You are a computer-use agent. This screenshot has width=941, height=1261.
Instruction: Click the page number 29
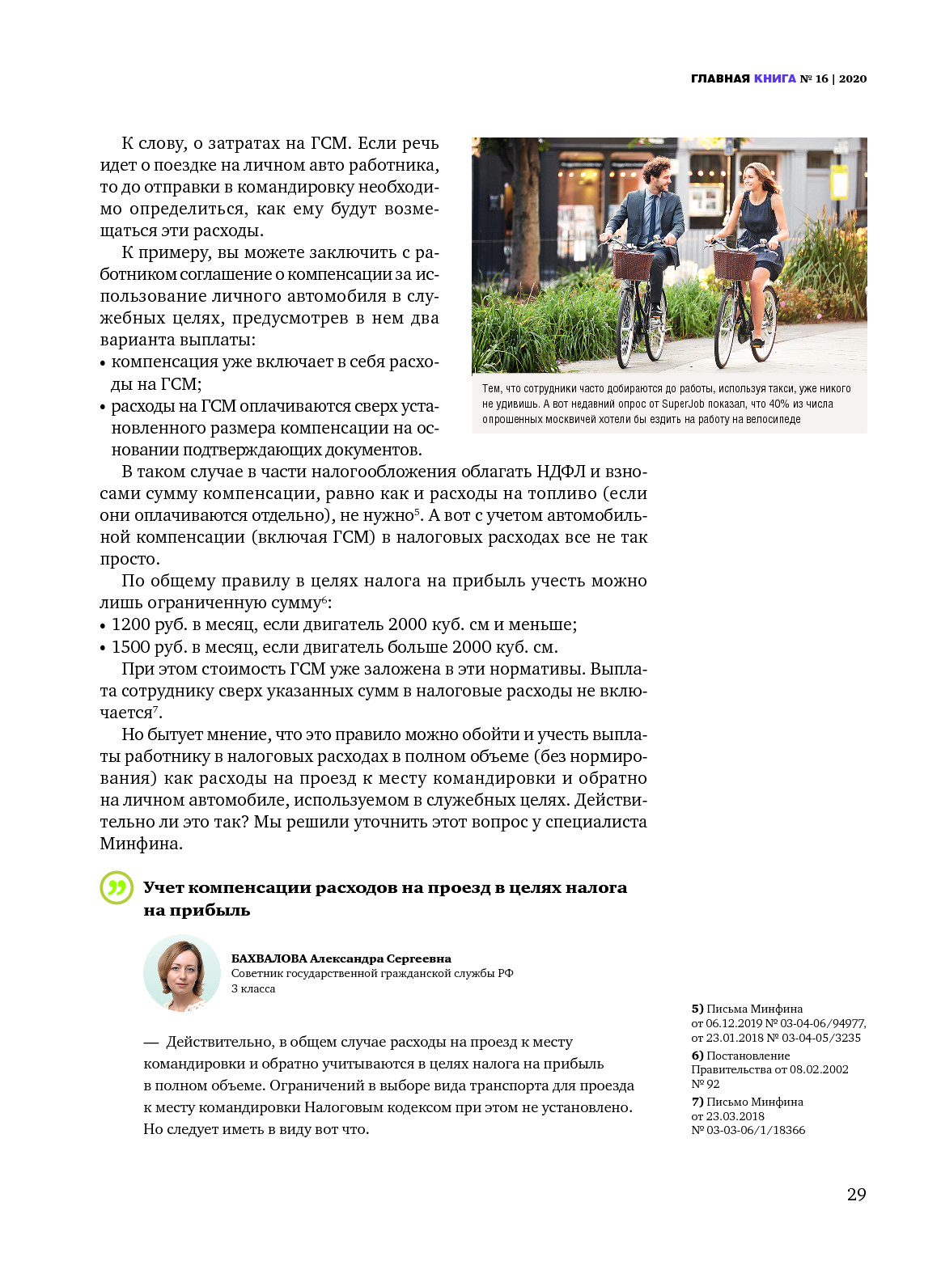click(x=856, y=1194)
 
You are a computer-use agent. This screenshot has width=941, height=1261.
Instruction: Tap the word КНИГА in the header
click(x=774, y=78)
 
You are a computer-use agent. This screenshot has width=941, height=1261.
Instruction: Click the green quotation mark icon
click(x=117, y=887)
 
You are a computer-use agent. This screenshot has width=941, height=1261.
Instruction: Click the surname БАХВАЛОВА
click(x=269, y=958)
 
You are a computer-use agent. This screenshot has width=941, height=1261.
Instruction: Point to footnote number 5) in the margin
click(x=697, y=1009)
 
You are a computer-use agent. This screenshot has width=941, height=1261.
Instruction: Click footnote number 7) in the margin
click(x=697, y=1102)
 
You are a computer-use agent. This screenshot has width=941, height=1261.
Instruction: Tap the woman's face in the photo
click(x=752, y=177)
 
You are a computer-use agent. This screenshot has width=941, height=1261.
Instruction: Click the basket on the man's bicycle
click(x=633, y=263)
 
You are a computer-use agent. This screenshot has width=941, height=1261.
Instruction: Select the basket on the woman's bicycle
click(x=735, y=264)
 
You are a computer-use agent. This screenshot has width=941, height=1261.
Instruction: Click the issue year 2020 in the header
click(x=852, y=78)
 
